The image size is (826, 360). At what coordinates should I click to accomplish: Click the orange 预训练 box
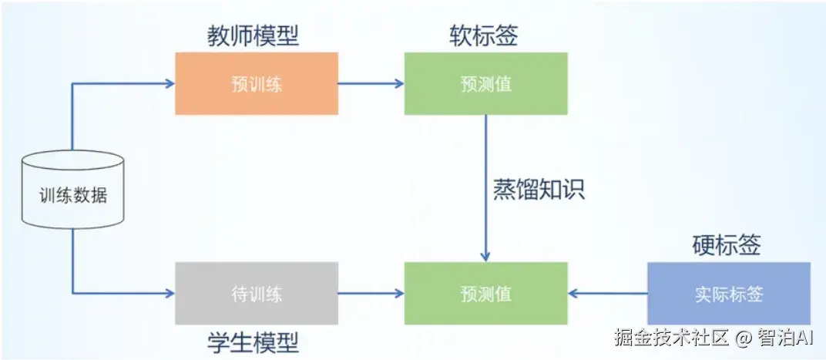pos(256,83)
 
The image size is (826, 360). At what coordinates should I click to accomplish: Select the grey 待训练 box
pos(256,293)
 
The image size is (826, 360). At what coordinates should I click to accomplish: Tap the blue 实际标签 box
pos(728,293)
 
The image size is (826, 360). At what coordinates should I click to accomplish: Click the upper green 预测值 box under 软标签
pos(485,83)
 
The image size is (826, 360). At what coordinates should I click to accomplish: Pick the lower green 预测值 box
pos(485,293)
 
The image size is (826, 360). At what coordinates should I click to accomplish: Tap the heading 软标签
pos(484,35)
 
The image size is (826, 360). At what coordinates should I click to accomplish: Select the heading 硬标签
pos(727,245)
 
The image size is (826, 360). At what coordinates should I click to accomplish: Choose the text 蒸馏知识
pos(539,188)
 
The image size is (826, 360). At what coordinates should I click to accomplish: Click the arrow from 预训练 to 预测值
pos(371,83)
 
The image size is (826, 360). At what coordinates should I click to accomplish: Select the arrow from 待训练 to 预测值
pos(371,293)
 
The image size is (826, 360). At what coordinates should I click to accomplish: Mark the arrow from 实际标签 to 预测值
pos(608,293)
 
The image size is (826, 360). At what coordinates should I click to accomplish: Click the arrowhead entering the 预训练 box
pos(170,83)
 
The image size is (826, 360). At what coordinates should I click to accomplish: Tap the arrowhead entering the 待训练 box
pos(170,293)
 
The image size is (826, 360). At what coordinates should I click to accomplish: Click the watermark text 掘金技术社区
pos(671,338)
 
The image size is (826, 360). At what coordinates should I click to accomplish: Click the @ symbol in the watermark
pos(743,338)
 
